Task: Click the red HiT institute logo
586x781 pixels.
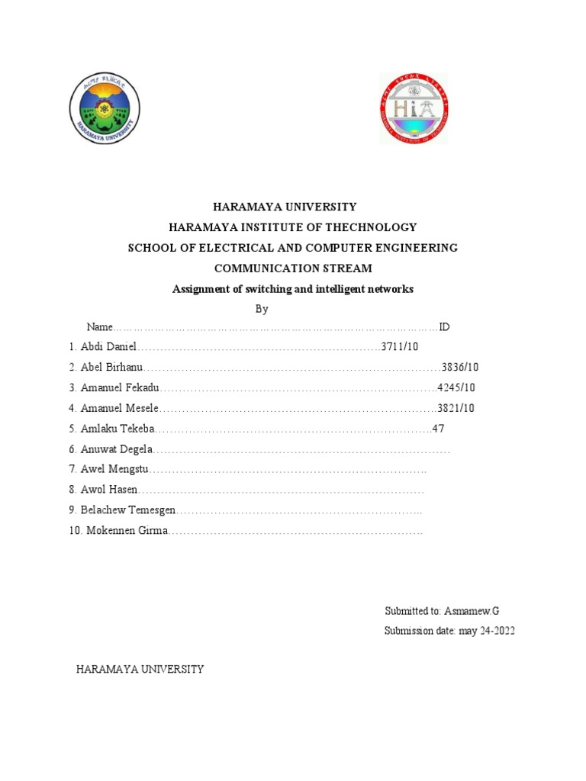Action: pyautogui.click(x=414, y=108)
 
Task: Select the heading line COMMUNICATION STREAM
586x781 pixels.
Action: pyautogui.click(x=293, y=268)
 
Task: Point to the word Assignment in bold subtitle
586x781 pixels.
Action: pyautogui.click(x=201, y=289)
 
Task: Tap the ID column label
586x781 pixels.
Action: pyautogui.click(x=444, y=327)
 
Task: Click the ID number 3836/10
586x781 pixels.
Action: pyautogui.click(x=460, y=368)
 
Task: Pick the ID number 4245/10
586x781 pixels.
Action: pyautogui.click(x=456, y=388)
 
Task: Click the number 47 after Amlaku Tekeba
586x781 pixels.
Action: pyautogui.click(x=438, y=429)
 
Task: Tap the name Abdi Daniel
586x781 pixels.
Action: pyautogui.click(x=108, y=348)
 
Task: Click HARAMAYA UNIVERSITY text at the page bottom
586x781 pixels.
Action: pyautogui.click(x=140, y=669)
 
